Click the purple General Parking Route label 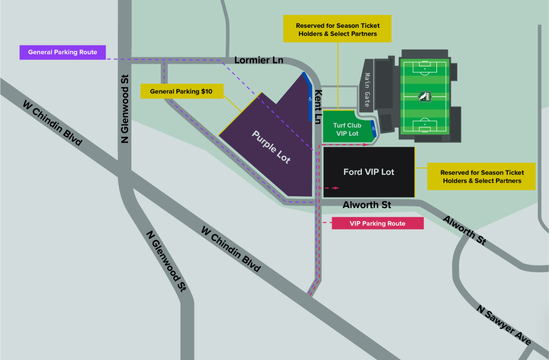pyautogui.click(x=63, y=52)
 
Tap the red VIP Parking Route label pyautogui.click(x=377, y=223)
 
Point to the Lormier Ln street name pyautogui.click(x=259, y=60)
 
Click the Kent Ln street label pyautogui.click(x=318, y=106)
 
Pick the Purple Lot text pyautogui.click(x=271, y=146)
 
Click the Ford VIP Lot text pyautogui.click(x=368, y=172)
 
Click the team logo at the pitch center pyautogui.click(x=425, y=97)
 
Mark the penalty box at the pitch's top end pyautogui.click(x=425, y=67)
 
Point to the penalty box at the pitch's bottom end pyautogui.click(x=425, y=126)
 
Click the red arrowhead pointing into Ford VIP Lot pyautogui.click(x=336, y=188)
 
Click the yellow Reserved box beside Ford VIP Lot pyautogui.click(x=481, y=177)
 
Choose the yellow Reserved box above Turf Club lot pyautogui.click(x=336, y=30)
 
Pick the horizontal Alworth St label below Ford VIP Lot pyautogui.click(x=366, y=205)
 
